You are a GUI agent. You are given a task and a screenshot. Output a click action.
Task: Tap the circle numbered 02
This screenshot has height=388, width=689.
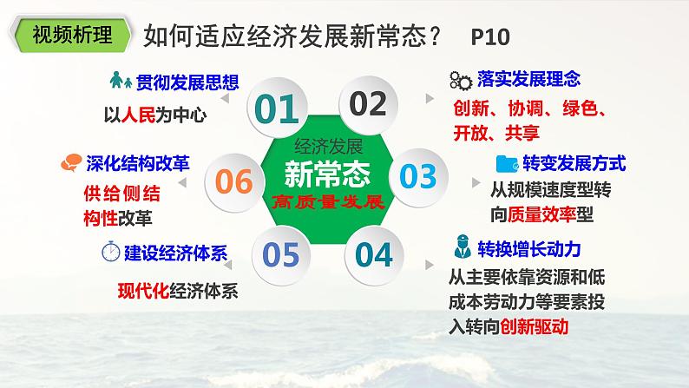click(x=367, y=104)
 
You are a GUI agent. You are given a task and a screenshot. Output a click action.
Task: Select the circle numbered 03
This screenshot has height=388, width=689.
click(x=417, y=176)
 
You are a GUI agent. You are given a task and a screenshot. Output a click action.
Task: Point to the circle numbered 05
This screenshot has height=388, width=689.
click(x=281, y=254)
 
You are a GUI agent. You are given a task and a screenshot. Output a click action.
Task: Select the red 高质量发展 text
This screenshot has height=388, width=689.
click(x=327, y=203)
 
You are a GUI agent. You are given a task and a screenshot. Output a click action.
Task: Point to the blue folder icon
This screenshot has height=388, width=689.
click(x=505, y=162)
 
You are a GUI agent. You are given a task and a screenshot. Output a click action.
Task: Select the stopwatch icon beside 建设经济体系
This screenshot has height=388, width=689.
click(x=111, y=253)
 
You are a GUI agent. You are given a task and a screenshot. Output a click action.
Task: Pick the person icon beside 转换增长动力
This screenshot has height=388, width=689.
click(x=462, y=249)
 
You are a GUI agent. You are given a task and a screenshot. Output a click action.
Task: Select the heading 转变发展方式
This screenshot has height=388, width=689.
click(x=574, y=162)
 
